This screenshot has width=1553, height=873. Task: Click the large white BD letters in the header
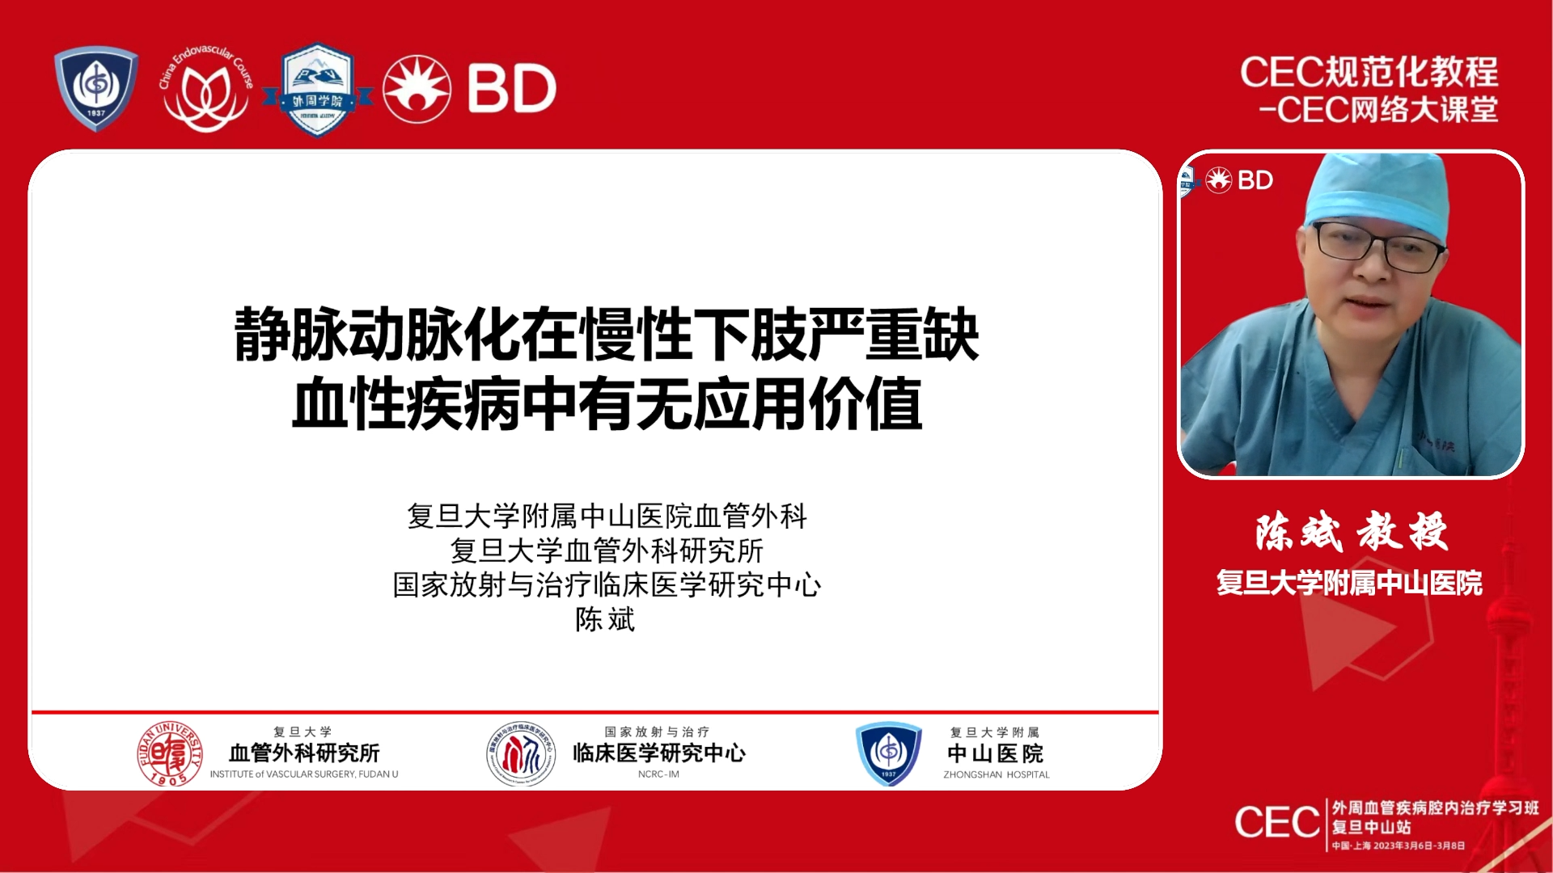(511, 88)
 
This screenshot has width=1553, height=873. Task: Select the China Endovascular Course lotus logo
(206, 91)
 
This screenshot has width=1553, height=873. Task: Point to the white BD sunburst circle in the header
(417, 89)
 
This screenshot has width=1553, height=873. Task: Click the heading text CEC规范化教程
(1369, 72)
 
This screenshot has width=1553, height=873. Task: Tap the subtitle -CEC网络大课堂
(1378, 110)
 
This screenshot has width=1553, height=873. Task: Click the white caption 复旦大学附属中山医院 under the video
(1349, 583)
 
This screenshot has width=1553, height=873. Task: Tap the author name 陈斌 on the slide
(605, 619)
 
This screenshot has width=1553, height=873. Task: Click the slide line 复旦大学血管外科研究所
(607, 550)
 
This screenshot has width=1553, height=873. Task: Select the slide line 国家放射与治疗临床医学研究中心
(607, 584)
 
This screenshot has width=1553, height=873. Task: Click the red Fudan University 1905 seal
(170, 753)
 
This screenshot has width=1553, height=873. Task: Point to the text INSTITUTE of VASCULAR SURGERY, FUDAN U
(304, 774)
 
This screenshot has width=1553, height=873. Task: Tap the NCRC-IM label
(658, 774)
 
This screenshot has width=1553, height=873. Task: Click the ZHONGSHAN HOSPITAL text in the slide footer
(996, 774)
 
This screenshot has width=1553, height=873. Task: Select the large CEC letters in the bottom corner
(1277, 823)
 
